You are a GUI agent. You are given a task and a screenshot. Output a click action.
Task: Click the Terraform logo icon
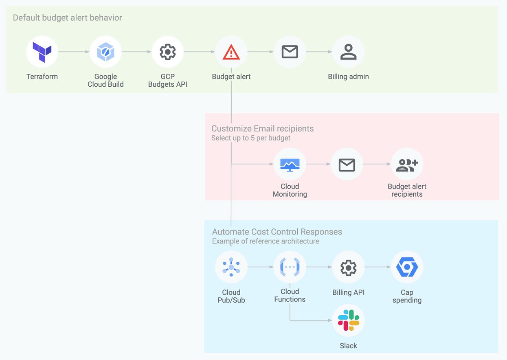[x=42, y=52]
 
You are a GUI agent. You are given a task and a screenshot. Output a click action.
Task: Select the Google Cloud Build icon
[x=105, y=52]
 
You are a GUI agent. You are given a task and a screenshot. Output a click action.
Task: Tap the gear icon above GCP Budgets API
[x=167, y=52]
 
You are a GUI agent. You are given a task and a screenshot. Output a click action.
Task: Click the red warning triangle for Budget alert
[x=231, y=52]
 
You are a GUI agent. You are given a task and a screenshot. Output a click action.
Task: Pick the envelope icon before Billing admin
[x=290, y=52]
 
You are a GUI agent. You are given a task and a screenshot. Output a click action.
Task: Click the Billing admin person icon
[x=348, y=52]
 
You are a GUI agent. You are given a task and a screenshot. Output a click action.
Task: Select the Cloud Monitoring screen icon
[x=290, y=165]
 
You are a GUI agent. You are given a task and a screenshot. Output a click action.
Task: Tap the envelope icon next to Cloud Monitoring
[x=347, y=165]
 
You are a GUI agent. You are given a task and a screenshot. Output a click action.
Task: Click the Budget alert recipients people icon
[x=407, y=165]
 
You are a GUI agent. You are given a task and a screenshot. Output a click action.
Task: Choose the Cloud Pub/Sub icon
[x=231, y=267]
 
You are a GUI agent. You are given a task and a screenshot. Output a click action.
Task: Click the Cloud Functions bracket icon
[x=290, y=267]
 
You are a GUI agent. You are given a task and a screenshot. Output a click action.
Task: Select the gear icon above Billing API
[x=348, y=267]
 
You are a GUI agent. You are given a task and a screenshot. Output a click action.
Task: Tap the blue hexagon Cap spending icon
[x=407, y=267]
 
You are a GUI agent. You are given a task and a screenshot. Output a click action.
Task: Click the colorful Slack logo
[x=348, y=320]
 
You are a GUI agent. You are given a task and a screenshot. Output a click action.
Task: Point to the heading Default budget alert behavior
[x=67, y=18]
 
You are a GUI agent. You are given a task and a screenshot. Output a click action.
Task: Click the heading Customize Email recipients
[x=262, y=129]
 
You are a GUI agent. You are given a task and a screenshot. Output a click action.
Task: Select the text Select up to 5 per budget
[x=251, y=138]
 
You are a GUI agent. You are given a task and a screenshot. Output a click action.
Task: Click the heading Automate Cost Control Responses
[x=277, y=232]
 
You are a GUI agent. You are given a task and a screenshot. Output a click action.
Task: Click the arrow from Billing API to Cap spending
[x=378, y=267]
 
